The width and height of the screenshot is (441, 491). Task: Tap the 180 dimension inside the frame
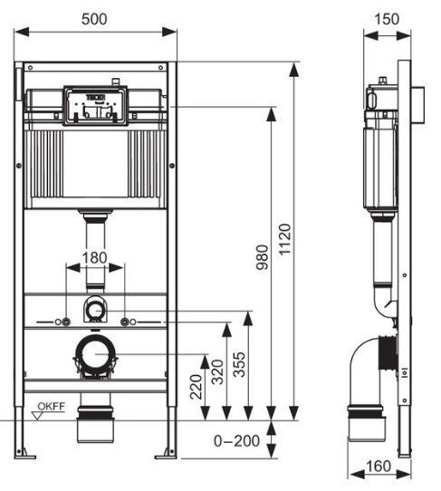coord(95,257)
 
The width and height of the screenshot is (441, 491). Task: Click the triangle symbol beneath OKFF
coord(39,415)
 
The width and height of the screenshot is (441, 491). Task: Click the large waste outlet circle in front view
coord(94,354)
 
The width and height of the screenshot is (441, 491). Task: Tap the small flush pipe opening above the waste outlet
coord(95,310)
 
